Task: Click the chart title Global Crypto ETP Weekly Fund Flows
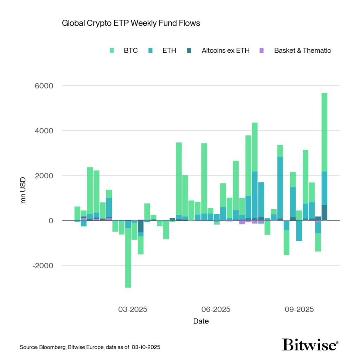131,23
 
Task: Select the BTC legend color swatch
112,51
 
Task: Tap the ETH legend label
169,50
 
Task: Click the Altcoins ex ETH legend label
225,50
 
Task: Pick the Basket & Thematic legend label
302,50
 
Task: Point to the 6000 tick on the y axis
43,86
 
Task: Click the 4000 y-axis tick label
43,131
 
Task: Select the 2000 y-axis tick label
43,176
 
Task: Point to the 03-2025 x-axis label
133,309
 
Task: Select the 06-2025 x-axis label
216,309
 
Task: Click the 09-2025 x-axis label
299,309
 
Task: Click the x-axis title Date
201,321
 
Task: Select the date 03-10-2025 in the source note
146,347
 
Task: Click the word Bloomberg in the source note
50,347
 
